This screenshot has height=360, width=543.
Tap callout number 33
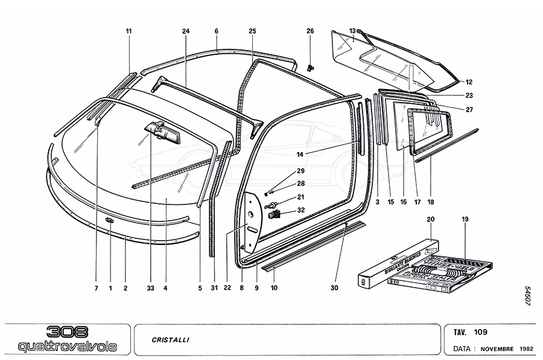coord(150,288)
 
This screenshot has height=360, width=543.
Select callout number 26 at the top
coord(310,31)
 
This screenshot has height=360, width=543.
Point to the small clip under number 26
coord(311,67)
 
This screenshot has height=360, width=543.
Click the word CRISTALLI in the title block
coord(171,339)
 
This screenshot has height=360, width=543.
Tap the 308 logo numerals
coord(68,332)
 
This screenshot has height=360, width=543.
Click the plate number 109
coord(481,332)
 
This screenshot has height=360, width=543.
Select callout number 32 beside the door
coord(301,210)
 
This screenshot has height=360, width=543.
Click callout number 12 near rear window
coord(469,82)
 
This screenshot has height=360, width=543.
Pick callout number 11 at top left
coord(129,31)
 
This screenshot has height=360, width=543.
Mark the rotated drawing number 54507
coord(527,296)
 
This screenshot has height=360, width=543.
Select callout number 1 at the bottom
coord(110,288)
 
